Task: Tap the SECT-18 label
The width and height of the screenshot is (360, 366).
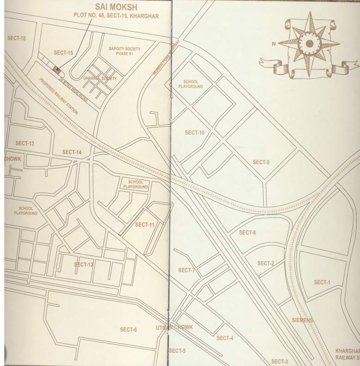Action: point(17,38)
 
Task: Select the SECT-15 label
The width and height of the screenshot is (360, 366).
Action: point(63,53)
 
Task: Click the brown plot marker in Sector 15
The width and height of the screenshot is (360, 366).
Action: point(57,70)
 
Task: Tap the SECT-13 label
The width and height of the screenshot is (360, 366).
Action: point(25,143)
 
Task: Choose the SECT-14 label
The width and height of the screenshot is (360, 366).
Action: point(72,152)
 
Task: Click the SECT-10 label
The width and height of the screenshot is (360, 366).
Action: point(195,133)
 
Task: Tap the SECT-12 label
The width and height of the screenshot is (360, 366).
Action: point(84,265)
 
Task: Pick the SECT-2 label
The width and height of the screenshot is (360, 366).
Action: point(265,263)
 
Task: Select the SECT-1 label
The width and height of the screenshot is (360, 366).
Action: point(322,282)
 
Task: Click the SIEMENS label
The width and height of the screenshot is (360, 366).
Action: point(302,320)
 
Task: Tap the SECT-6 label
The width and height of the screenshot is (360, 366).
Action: point(128,329)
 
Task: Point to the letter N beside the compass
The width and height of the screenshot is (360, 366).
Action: point(274,44)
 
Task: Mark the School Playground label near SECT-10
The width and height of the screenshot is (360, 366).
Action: point(193,83)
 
